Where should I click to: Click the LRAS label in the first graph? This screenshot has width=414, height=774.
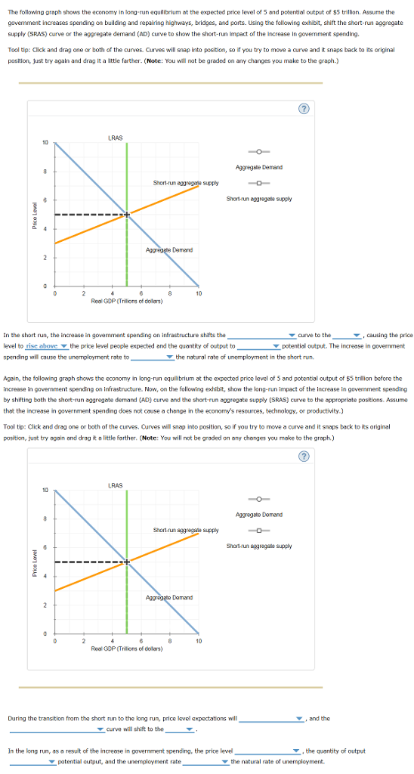click(x=116, y=138)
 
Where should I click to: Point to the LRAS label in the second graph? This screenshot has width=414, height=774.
click(x=116, y=485)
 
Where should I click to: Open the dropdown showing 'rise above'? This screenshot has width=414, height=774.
click(x=47, y=346)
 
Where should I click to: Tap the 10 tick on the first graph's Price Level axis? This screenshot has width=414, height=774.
click(x=45, y=143)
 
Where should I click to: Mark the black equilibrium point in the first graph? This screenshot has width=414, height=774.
click(x=127, y=215)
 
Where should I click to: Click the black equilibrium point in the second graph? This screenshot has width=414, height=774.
click(x=127, y=562)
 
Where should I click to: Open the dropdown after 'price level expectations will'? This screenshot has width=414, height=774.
click(x=271, y=719)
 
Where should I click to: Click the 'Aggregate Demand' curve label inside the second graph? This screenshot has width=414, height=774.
click(x=169, y=597)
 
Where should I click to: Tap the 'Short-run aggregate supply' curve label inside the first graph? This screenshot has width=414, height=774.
click(x=186, y=183)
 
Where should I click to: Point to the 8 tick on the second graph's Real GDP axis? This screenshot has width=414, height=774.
click(x=170, y=641)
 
